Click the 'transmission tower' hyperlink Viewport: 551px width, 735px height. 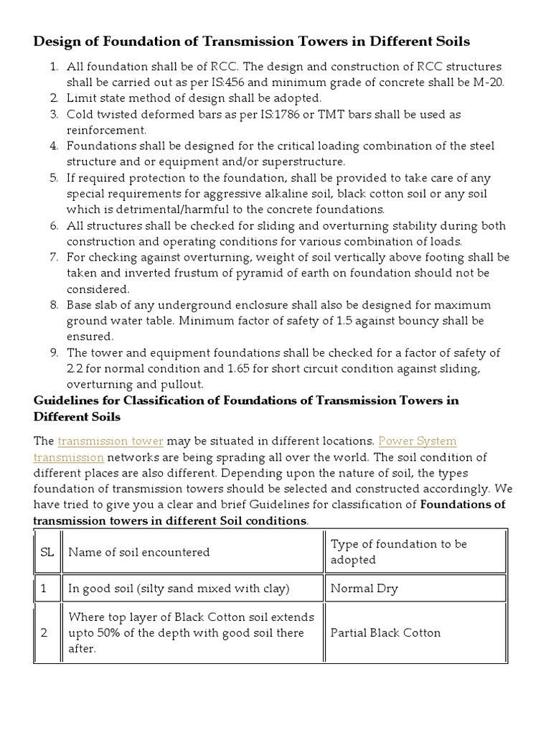pyautogui.click(x=110, y=441)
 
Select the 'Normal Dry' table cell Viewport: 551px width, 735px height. pyautogui.click(x=364, y=589)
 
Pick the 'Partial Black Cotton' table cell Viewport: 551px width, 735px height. pyautogui.click(x=385, y=632)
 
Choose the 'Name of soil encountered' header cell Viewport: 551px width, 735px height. pyautogui.click(x=138, y=552)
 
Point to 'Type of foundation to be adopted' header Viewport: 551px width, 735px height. pyautogui.click(x=398, y=552)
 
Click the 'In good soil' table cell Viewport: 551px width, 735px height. pyautogui.click(x=179, y=589)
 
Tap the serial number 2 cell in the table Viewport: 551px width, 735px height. pyautogui.click(x=44, y=632)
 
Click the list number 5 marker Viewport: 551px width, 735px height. pyautogui.click(x=54, y=178)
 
